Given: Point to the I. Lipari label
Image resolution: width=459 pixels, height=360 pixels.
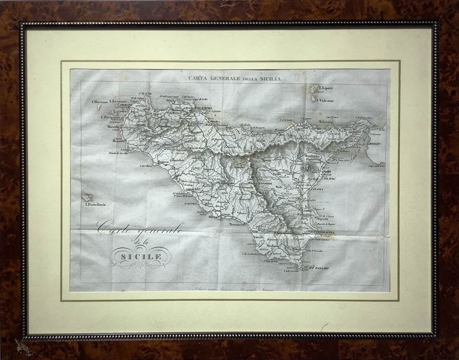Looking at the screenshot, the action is [x=328, y=89].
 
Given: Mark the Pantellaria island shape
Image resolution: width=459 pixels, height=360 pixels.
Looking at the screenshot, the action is [x=87, y=197].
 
